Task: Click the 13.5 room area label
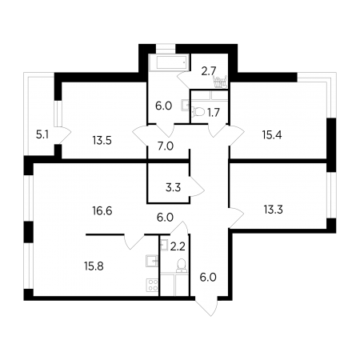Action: [102, 140]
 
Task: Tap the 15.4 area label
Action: [272, 135]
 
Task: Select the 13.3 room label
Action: [274, 210]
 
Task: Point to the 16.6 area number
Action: [102, 211]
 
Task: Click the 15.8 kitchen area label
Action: [94, 266]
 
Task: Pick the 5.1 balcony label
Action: [42, 135]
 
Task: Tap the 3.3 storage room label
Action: [173, 188]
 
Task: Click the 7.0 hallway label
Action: [166, 146]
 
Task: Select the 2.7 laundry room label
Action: [209, 71]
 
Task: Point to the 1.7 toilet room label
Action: [214, 113]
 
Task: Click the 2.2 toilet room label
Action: [178, 247]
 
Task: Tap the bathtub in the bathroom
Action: [170, 62]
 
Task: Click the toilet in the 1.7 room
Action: [198, 112]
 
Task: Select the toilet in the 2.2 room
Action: [182, 266]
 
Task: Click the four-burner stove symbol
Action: [152, 286]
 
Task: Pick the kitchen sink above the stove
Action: [152, 261]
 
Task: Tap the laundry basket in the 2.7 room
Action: [220, 82]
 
